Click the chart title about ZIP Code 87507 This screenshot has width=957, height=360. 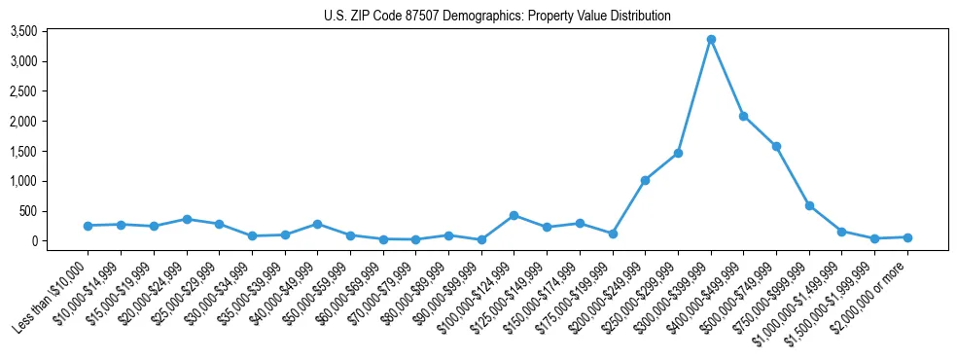tap(497, 16)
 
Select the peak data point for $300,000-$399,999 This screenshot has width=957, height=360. tap(711, 39)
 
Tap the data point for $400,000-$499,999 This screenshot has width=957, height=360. tap(744, 116)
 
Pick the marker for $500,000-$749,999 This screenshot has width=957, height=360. tap(776, 146)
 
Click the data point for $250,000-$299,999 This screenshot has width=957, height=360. tap(678, 153)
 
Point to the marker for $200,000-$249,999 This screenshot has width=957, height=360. tap(645, 180)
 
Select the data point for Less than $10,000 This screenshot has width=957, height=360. tap(89, 226)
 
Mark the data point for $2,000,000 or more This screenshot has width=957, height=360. tap(907, 237)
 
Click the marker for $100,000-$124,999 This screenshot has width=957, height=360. tap(514, 215)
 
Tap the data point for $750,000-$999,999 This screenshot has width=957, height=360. tap(809, 205)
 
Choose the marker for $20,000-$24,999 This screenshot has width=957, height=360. tap(187, 219)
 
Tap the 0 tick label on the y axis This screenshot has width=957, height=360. tap(61, 241)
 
